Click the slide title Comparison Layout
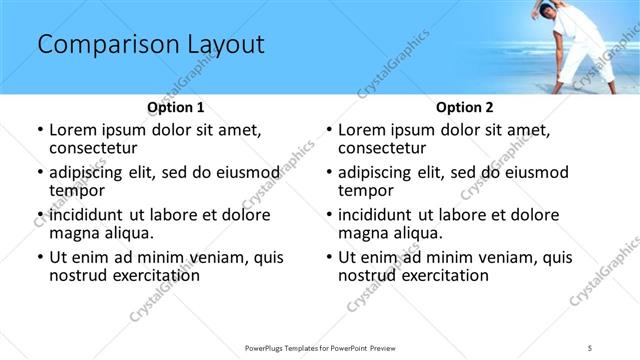point(150,45)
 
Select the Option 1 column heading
point(175,107)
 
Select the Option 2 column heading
point(464,107)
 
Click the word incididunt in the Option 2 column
point(381,215)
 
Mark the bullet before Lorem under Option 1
point(39,131)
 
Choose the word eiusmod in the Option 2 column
point(536,172)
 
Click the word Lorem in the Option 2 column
point(362,130)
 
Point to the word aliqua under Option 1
point(127,233)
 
